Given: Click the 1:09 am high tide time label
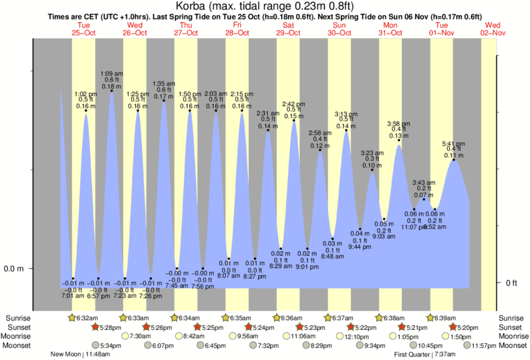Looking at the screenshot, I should coord(111,73).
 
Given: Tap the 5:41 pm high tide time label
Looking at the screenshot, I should coord(454,144).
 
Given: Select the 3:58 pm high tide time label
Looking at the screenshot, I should coord(400,124).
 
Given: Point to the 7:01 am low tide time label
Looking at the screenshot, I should coord(73,295).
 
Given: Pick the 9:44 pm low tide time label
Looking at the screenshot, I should coord(360,247).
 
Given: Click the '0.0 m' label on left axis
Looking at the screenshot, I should coord(15,268).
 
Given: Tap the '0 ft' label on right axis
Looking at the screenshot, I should coord(511,283).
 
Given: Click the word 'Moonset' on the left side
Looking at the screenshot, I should coord(16,345).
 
